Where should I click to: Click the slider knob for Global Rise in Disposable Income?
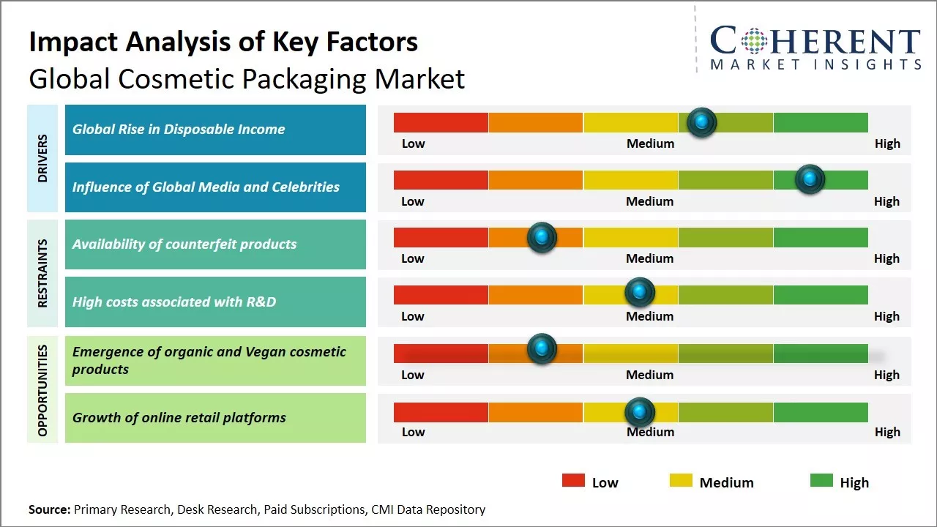(702, 122)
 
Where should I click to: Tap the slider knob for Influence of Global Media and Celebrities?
(810, 179)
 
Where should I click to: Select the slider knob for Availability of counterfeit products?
(542, 237)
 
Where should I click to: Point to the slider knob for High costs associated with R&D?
(640, 293)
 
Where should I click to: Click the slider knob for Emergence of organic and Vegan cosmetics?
(542, 349)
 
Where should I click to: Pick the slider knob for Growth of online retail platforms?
(640, 413)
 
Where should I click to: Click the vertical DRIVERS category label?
(42, 158)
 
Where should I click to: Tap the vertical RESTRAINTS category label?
(42, 273)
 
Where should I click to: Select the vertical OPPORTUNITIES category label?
(42, 390)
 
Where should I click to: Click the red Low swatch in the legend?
(573, 480)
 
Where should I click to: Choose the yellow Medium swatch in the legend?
(681, 480)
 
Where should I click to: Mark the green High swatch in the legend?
(821, 480)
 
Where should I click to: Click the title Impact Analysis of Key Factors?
(223, 42)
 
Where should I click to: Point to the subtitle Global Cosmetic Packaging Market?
(247, 78)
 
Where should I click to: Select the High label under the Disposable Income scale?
(887, 143)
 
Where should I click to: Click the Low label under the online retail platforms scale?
(413, 432)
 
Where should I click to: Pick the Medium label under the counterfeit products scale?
(650, 258)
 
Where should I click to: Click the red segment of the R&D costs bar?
(441, 294)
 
